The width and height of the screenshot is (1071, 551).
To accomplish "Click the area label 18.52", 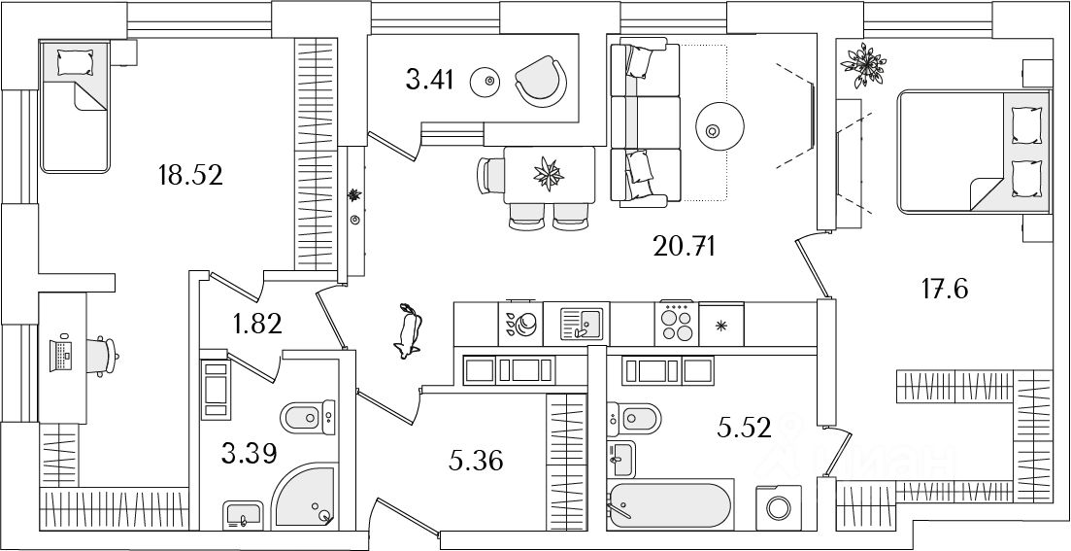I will pos(190,175).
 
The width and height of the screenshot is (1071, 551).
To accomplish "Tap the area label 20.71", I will pos(684,247).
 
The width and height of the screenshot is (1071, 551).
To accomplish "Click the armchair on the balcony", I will pos(540,81).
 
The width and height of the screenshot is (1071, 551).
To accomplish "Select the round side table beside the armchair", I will pos(488,82).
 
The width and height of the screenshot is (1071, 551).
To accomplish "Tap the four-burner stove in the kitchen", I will pos(677,322).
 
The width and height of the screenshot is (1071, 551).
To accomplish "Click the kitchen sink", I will pos(582,322).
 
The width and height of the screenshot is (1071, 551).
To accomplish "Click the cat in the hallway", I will pos(409,331).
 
